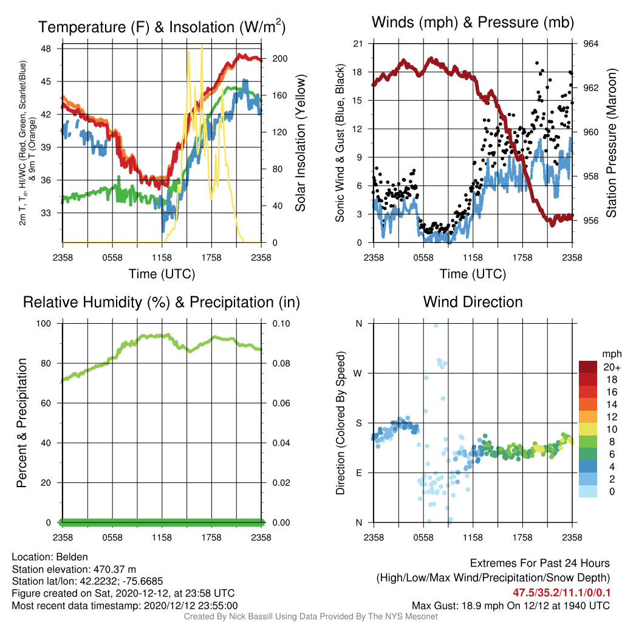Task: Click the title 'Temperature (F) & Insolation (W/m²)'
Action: click(162, 27)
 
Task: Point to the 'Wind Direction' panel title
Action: click(473, 302)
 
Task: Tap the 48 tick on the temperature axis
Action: click(46, 49)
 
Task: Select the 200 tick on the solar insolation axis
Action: click(279, 59)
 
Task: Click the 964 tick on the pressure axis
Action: click(590, 44)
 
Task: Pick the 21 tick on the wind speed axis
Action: click(358, 44)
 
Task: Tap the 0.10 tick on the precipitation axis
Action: click(281, 324)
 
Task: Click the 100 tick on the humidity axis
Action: click(44, 324)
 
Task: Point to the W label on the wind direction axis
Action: click(358, 374)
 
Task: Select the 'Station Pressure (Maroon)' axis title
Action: click(612, 143)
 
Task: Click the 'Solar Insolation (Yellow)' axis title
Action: click(301, 143)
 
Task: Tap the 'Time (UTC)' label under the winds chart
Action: click(473, 274)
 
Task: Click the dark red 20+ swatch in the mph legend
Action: click(588, 367)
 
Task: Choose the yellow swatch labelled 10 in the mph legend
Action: click(588, 429)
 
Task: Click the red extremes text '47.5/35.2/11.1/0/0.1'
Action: click(561, 593)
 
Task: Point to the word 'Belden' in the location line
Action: click(72, 557)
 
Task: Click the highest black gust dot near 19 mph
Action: click(537, 63)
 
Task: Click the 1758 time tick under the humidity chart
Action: click(211, 538)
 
